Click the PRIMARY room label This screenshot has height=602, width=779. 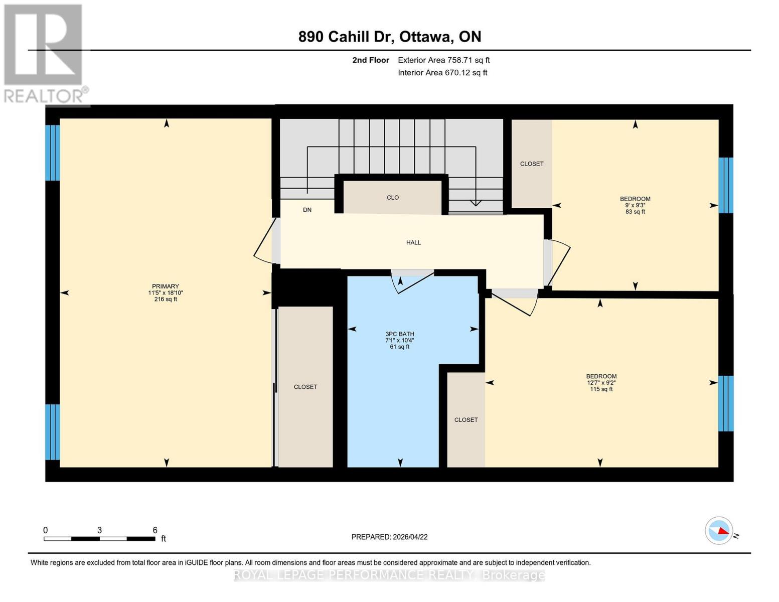coord(165,286)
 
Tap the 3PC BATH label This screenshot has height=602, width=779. coord(399,334)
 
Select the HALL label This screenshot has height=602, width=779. coord(413,242)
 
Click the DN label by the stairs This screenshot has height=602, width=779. coord(307,210)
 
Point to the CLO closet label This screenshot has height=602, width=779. coord(393,198)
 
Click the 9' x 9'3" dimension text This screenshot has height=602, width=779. coord(635,205)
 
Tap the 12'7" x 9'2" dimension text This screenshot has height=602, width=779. coord(601,383)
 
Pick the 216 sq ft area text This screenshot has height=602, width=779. coord(165,299)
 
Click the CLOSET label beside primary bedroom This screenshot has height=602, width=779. coord(305,387)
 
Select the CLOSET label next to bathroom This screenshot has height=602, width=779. coord(465,420)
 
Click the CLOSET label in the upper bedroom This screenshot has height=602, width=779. coord(531,164)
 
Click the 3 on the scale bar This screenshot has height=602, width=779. coord(99,530)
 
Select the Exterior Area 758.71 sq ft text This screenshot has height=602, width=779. coord(443,60)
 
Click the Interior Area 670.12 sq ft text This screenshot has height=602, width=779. coord(442,73)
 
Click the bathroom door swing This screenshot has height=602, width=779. coord(413,282)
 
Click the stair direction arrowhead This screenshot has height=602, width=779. coord(475,203)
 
